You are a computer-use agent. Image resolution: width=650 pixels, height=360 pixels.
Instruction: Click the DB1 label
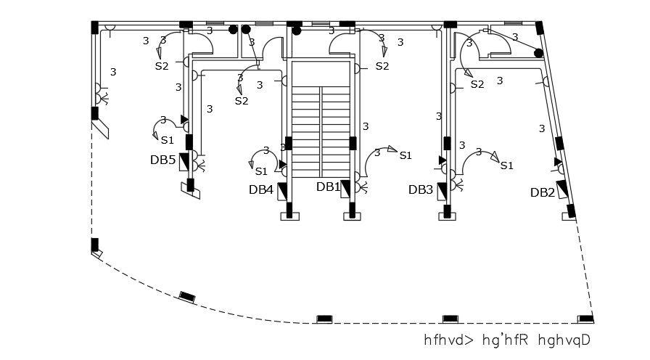tap(328, 187)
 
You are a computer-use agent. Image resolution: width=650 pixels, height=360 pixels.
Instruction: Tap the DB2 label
tap(543, 192)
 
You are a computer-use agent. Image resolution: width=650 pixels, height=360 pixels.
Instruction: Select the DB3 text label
tap(421, 189)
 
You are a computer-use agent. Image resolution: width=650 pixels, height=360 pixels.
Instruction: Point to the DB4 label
tap(261, 190)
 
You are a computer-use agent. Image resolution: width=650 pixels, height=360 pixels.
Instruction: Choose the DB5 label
tap(163, 160)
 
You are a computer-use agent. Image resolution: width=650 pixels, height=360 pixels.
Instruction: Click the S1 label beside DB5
tap(168, 140)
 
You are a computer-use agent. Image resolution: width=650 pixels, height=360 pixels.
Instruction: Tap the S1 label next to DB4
tap(262, 171)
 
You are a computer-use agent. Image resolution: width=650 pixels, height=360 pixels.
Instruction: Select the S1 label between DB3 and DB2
tap(507, 165)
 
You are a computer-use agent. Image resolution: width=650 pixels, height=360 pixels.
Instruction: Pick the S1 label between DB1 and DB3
tap(406, 155)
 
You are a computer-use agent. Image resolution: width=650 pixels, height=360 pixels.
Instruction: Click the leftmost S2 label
tap(162, 66)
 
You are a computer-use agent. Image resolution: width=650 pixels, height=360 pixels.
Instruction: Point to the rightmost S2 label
tap(477, 85)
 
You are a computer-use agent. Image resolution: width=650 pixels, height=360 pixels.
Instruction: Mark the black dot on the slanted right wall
tap(539, 53)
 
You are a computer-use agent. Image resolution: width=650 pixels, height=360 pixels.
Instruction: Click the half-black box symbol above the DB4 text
tap(281, 191)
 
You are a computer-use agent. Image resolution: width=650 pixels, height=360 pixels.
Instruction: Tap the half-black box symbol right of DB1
tap(346, 187)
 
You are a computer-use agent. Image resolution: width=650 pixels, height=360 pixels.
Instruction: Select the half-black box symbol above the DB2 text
tap(561, 187)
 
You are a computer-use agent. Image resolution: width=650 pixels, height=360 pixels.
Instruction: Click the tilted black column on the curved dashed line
tap(187, 296)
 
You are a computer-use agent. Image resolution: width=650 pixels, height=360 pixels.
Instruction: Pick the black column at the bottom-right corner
tap(584, 319)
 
